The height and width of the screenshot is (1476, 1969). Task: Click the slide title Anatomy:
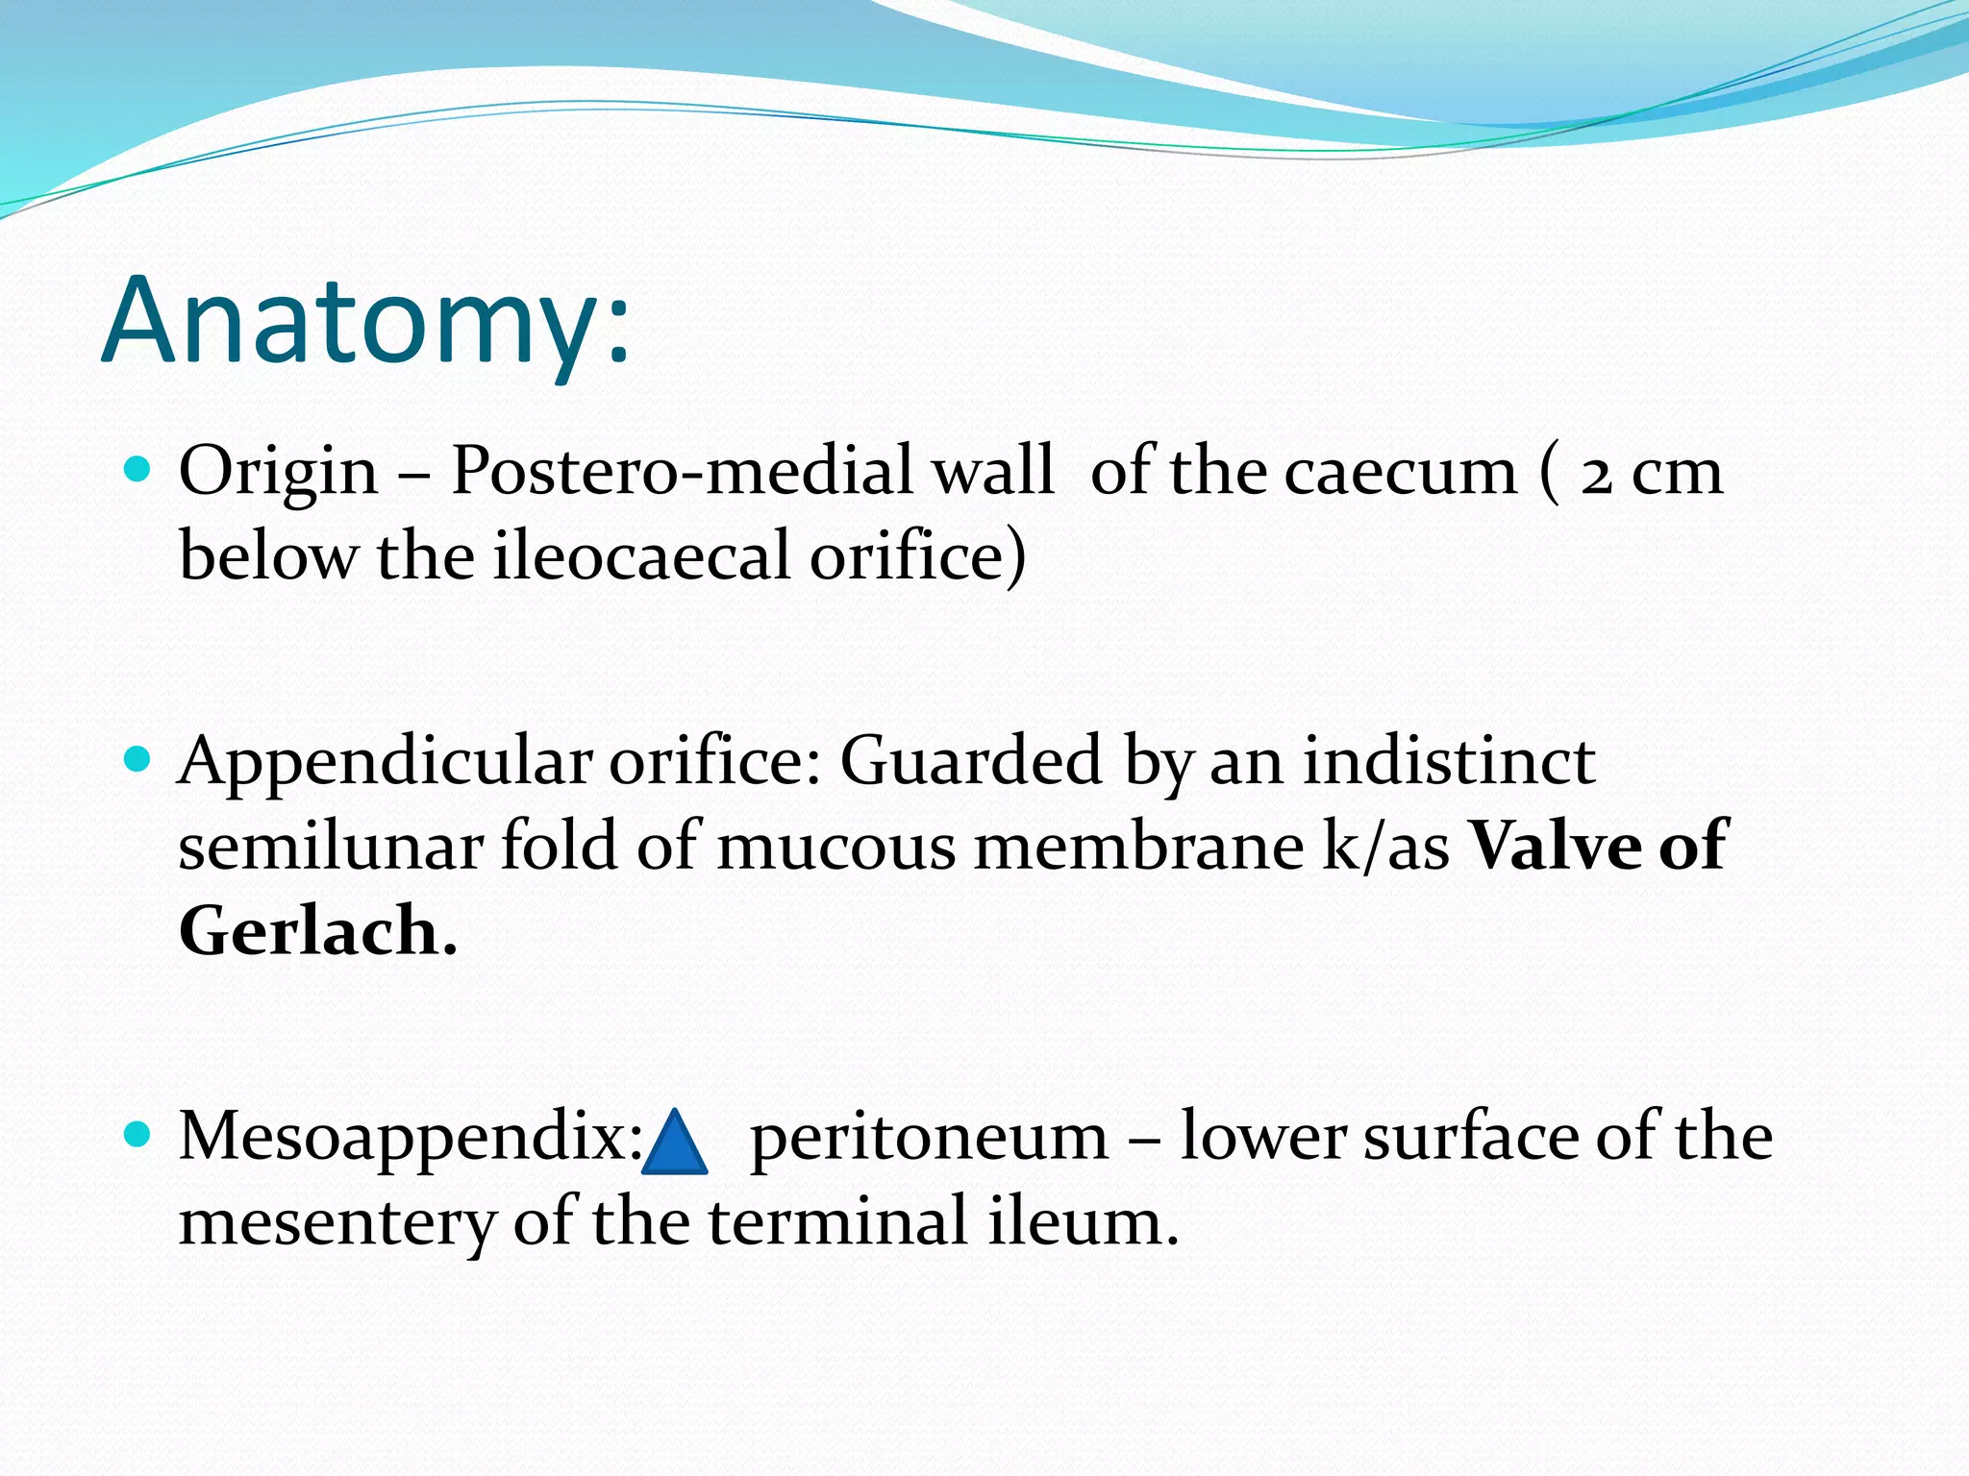[365, 322]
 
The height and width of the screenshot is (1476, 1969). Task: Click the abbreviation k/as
[1385, 846]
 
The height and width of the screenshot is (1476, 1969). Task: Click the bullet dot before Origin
[138, 470]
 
